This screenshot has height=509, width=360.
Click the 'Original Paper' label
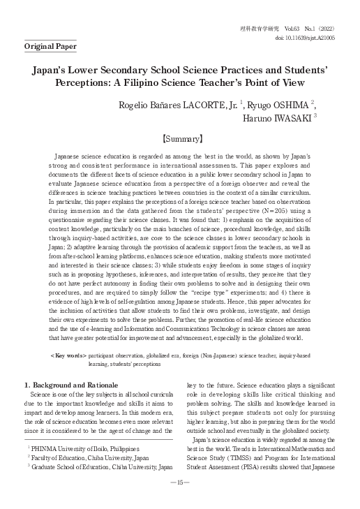tap(50, 47)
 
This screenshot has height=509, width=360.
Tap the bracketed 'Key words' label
tap(68, 355)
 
